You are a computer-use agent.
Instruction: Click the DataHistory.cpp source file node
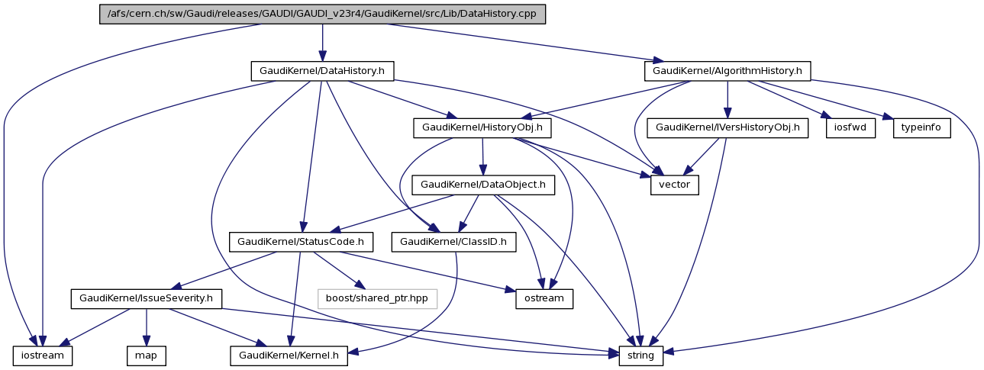tap(322, 14)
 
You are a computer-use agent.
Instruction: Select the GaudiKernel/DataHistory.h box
tap(322, 71)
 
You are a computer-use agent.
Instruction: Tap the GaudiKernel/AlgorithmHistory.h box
tap(728, 71)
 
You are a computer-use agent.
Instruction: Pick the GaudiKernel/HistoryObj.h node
tap(482, 127)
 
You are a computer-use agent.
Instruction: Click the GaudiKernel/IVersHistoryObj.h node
tap(728, 127)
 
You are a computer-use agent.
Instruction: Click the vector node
tap(674, 185)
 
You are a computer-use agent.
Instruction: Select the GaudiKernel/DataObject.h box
tap(482, 185)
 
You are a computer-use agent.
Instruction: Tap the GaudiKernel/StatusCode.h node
tap(301, 242)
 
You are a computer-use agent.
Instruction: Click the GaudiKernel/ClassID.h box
tap(453, 242)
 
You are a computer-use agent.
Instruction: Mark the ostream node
tap(544, 298)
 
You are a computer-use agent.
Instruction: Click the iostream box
tap(42, 355)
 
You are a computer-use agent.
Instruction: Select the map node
tap(146, 355)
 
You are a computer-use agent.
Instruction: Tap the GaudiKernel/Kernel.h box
tap(289, 355)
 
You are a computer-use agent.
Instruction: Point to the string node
tap(640, 355)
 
